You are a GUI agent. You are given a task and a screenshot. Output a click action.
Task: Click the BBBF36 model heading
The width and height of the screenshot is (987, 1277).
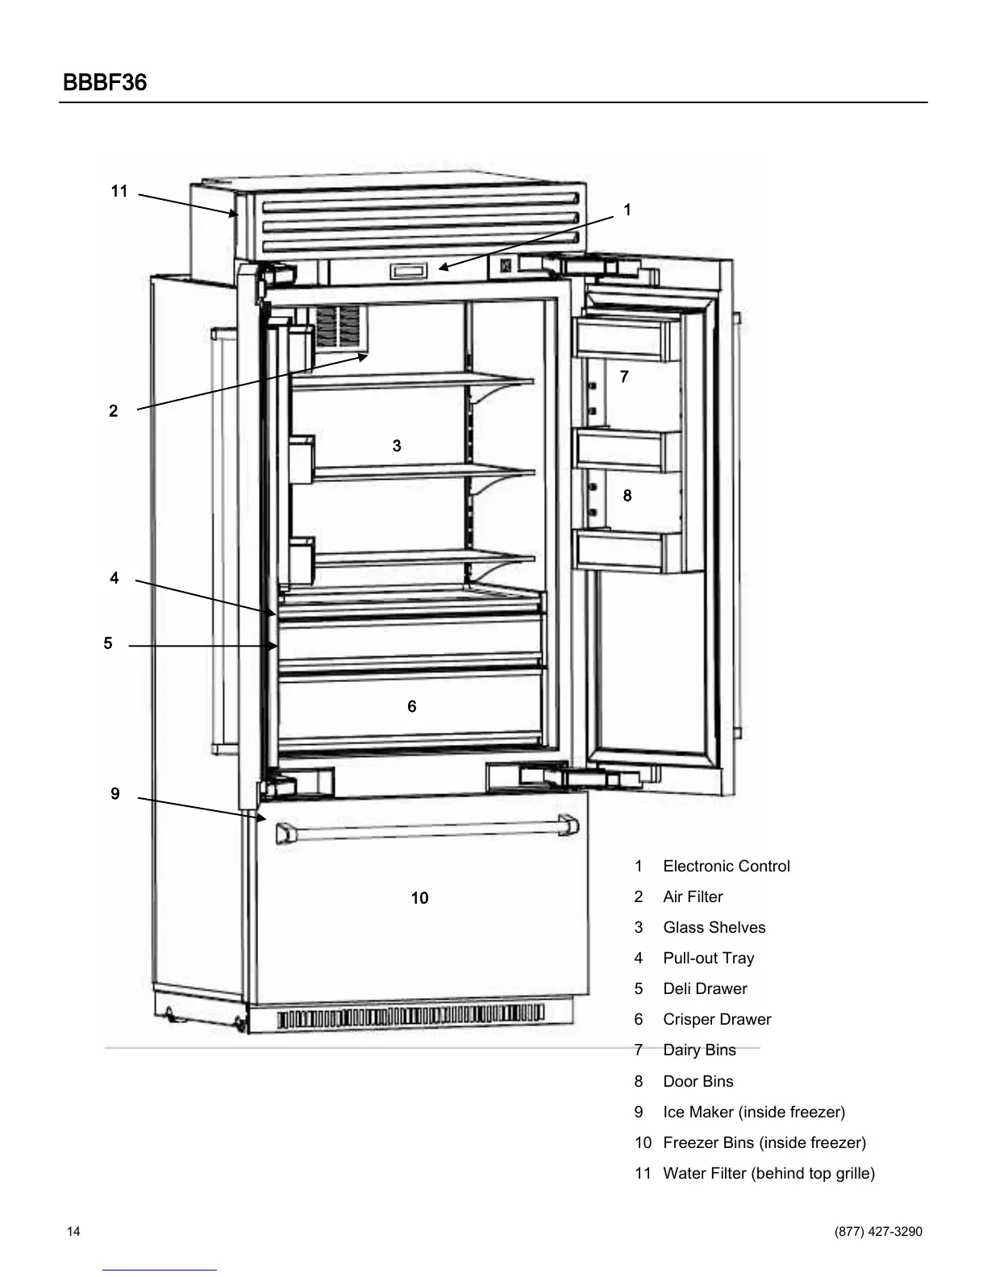tap(104, 83)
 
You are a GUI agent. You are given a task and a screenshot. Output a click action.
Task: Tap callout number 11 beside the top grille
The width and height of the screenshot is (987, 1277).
tap(119, 191)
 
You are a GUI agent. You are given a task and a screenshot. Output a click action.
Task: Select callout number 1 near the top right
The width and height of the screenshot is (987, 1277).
tap(627, 210)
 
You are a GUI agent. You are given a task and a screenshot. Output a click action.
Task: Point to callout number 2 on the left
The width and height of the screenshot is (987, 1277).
tap(114, 411)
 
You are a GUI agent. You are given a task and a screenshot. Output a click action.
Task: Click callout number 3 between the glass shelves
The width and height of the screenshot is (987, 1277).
tap(397, 446)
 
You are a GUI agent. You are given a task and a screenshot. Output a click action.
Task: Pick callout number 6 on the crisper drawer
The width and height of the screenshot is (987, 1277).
tap(412, 707)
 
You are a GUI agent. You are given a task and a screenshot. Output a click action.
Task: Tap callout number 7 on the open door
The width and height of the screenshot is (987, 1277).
tap(624, 376)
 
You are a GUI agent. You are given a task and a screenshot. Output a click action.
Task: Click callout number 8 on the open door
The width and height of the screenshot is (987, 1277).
tap(627, 496)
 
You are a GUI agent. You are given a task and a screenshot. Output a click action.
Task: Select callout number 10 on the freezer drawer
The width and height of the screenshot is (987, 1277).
tap(419, 898)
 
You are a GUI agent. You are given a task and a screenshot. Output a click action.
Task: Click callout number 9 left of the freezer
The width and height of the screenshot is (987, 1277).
tap(115, 794)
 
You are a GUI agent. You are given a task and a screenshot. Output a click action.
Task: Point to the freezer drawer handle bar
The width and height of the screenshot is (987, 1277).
tap(427, 829)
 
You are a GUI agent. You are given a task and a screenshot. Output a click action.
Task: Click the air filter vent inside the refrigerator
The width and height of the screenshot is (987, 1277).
tap(338, 328)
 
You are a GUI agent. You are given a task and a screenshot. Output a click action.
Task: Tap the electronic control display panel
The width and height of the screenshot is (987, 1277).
tap(409, 272)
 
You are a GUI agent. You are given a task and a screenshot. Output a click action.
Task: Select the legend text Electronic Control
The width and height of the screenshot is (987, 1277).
tap(726, 867)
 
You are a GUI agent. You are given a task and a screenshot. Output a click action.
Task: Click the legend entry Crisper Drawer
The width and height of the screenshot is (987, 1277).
tap(716, 1020)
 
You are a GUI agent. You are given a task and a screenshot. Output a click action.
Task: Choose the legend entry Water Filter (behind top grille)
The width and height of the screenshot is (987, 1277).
tap(768, 1174)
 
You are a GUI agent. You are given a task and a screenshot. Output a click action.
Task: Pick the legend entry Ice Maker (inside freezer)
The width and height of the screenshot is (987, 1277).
tap(753, 1113)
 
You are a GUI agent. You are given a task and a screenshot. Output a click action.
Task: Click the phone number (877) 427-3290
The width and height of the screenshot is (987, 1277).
tap(878, 1232)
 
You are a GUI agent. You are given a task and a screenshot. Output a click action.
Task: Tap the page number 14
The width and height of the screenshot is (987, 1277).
tap(73, 1232)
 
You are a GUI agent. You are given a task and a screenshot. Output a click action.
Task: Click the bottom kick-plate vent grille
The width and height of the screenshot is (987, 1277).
tap(411, 1017)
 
